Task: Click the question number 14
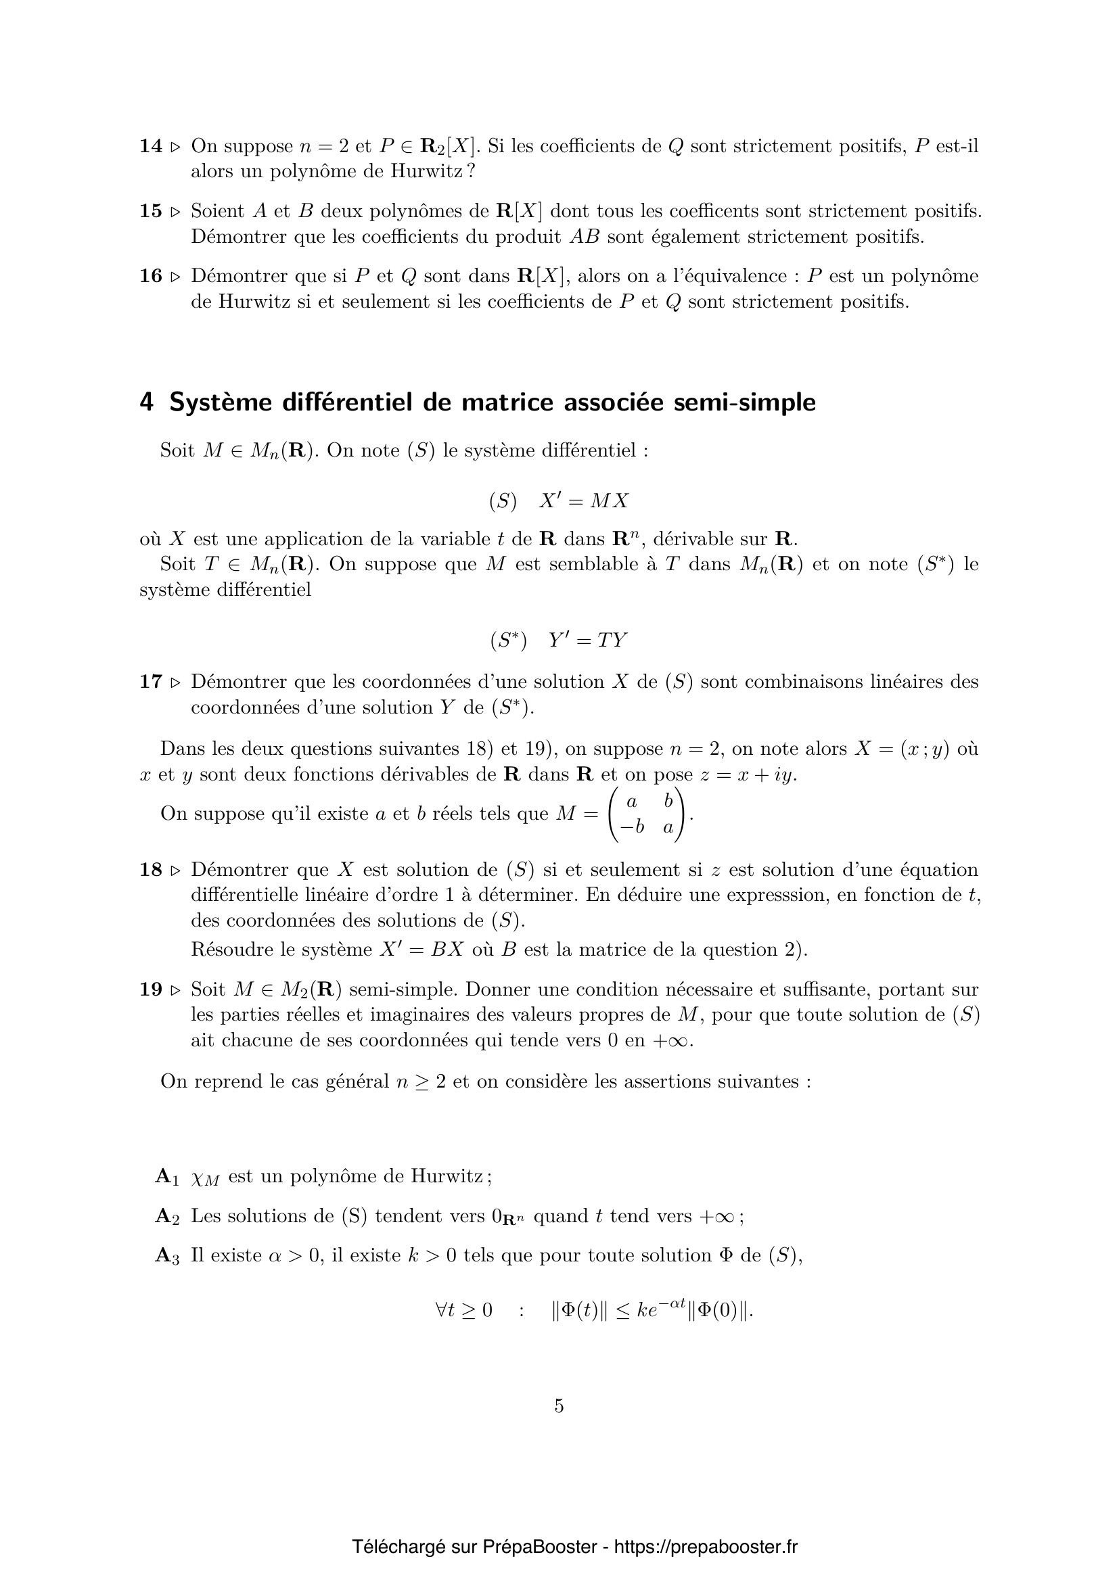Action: (150, 146)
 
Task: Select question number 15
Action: (150, 211)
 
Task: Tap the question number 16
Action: (150, 277)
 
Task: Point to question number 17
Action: (150, 682)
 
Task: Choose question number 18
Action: (150, 870)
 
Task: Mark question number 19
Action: (150, 990)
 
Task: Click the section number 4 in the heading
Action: (146, 402)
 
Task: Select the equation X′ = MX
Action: (584, 501)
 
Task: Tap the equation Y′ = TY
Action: (588, 641)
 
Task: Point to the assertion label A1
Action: (166, 1176)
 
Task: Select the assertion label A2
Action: (166, 1216)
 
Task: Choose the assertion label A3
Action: (166, 1256)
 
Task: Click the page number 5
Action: (559, 1405)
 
